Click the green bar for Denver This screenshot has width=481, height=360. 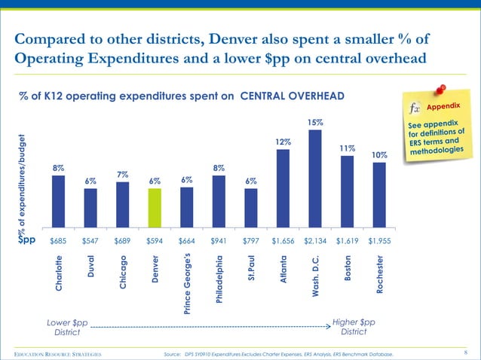coord(155,208)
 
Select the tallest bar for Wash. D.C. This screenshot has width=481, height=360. coord(315,179)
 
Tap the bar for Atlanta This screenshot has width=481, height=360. coord(283,188)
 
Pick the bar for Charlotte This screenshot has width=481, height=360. coord(58,201)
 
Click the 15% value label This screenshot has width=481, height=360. coord(315,122)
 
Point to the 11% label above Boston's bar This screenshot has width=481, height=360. coord(348,148)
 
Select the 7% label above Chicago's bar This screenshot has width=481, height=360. coord(122,175)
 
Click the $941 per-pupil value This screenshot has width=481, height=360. coord(219,241)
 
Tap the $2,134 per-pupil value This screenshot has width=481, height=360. coord(315,241)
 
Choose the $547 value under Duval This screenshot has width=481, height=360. coord(90,241)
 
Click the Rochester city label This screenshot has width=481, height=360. coord(379,278)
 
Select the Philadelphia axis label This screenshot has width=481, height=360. coord(219,281)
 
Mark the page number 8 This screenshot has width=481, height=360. coord(468,352)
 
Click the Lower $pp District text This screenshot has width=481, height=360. coord(66,327)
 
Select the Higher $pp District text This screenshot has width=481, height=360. coord(354,327)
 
